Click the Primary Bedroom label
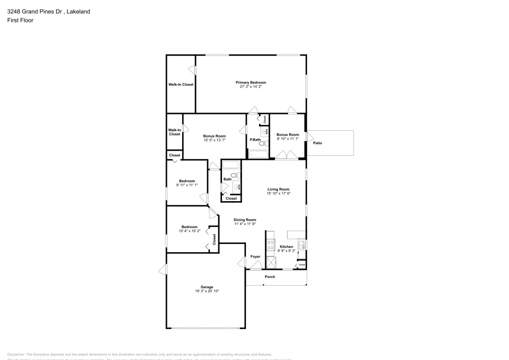pos(250,82)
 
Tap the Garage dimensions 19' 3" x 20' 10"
pos(207,291)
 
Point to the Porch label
pos(270,277)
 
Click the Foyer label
pos(256,257)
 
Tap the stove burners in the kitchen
pos(271,244)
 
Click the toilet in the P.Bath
pos(262,144)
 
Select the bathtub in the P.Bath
pos(258,154)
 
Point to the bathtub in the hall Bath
pos(231,165)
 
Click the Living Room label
pos(278,189)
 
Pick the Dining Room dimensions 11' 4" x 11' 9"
pos(245,224)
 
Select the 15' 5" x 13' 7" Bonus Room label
pos(214,136)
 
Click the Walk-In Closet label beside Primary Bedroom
pos(181,85)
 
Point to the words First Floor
pos(20,20)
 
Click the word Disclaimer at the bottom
pos(16,354)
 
